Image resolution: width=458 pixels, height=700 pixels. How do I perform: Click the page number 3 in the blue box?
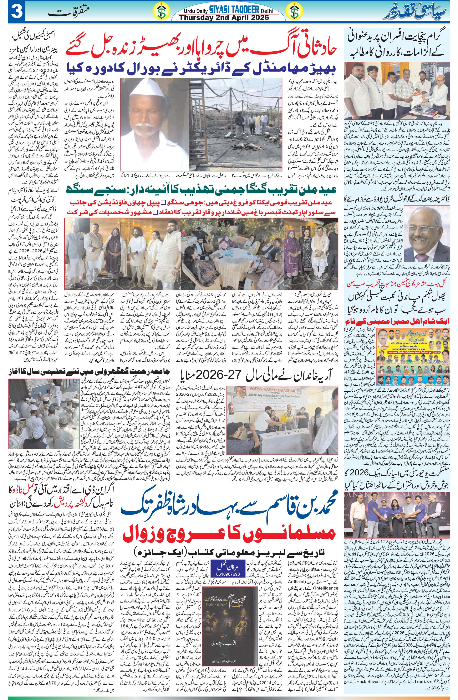[15, 12]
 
